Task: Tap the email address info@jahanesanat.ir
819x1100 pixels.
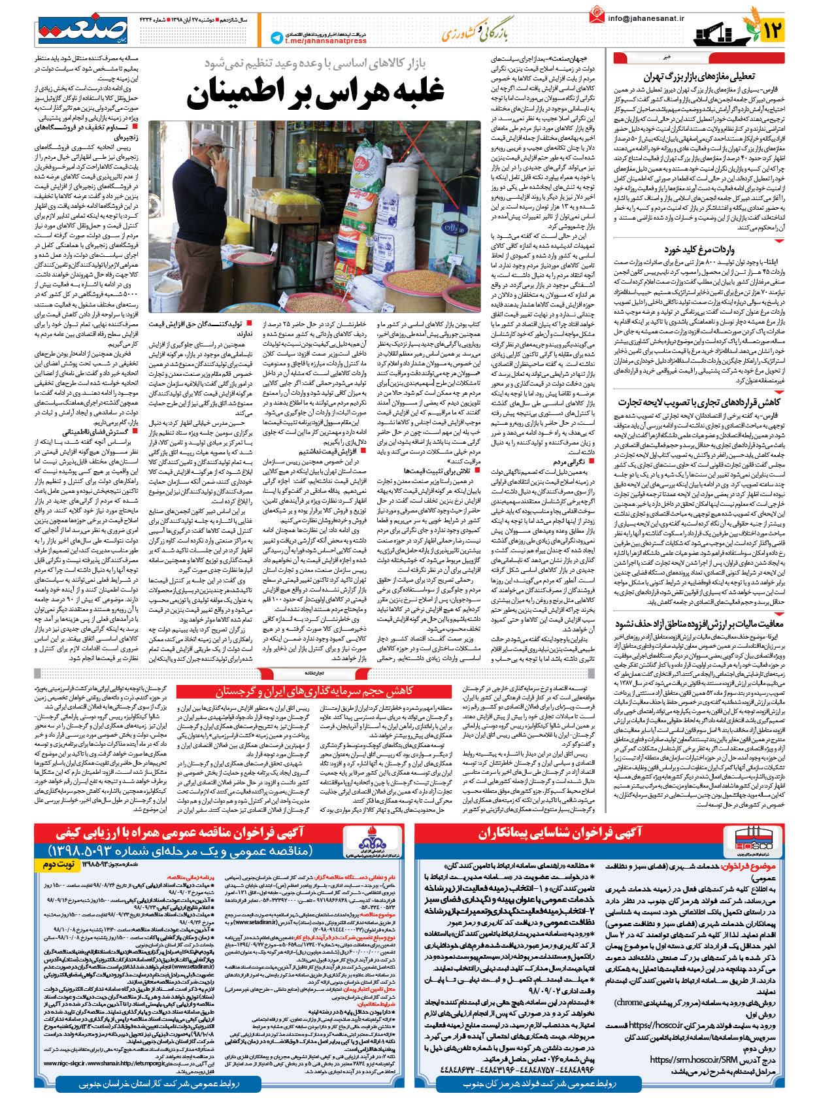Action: coord(646,18)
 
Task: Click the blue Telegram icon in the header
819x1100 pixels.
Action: coord(276,38)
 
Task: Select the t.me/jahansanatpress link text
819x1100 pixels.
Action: coord(326,41)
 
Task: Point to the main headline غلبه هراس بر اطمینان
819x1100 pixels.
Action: coord(315,92)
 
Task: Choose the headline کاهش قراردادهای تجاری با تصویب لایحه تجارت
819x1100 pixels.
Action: coord(699,402)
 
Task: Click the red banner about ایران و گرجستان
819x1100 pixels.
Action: coord(314,691)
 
